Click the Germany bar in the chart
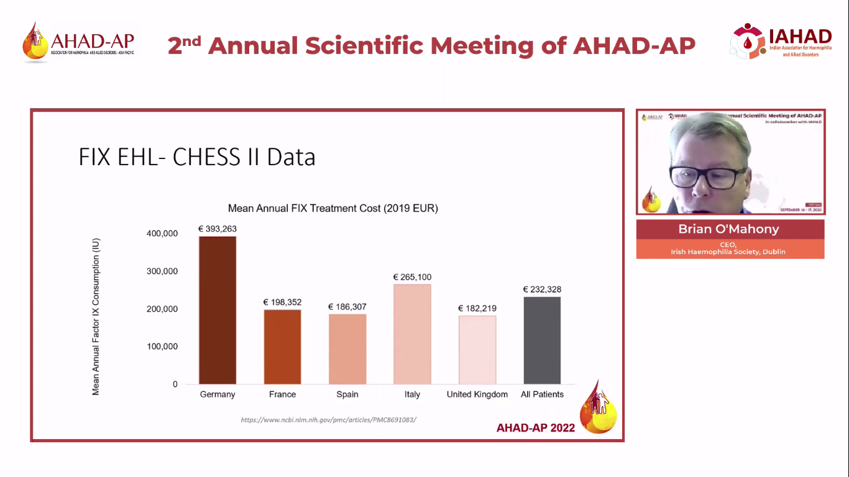(x=218, y=310)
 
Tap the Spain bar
(x=347, y=349)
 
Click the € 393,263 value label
(x=218, y=229)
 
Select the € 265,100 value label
(x=412, y=277)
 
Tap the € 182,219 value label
(x=477, y=309)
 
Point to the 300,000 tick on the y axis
(x=162, y=271)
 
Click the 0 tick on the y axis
(x=175, y=384)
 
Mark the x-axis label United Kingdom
(x=477, y=394)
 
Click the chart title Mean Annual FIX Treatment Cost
(x=333, y=209)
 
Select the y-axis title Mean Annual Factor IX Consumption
(x=96, y=316)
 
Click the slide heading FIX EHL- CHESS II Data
(x=197, y=157)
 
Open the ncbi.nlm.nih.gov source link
(x=328, y=420)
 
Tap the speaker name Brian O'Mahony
(x=728, y=229)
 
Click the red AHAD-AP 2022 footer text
(x=536, y=428)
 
